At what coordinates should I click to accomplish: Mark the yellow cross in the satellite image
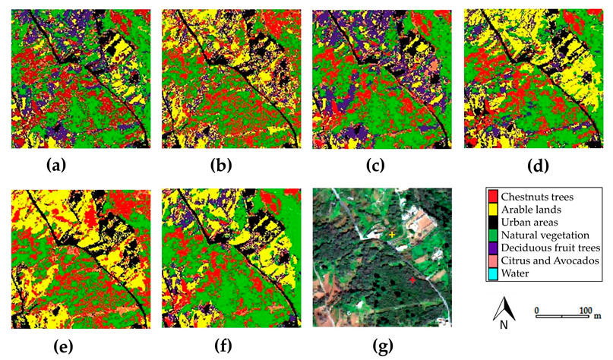(x=393, y=235)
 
